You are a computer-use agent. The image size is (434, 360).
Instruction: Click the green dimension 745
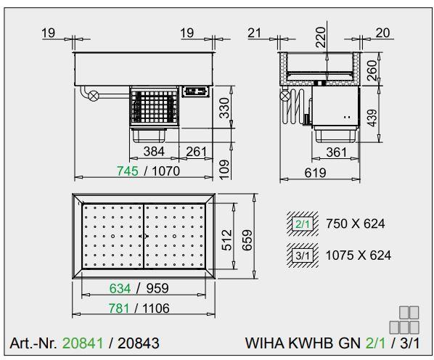tap(127, 171)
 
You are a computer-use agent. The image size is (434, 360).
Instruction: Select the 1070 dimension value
tap(165, 171)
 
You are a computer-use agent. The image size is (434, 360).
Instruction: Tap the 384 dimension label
tap(154, 152)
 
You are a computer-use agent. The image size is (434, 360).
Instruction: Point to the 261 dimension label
tap(196, 152)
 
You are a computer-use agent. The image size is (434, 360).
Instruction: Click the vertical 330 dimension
tap(224, 108)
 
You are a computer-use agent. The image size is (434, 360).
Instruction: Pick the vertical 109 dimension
tap(224, 169)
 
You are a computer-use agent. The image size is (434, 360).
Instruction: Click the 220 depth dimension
tap(321, 37)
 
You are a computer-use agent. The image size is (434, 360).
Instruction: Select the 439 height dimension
tap(373, 118)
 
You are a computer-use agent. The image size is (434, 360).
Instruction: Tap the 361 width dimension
tap(336, 152)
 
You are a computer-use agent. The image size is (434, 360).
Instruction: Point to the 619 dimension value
tap(315, 173)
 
